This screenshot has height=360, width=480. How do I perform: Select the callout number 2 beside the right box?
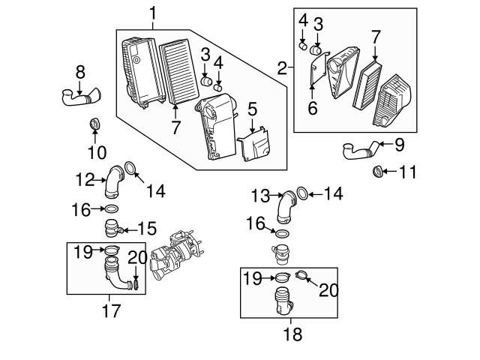click(x=283, y=70)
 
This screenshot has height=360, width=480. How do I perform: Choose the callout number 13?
click(x=260, y=196)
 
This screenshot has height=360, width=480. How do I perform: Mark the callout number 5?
click(x=253, y=109)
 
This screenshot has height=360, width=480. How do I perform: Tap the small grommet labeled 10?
click(x=95, y=124)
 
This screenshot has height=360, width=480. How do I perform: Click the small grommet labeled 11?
click(x=379, y=173)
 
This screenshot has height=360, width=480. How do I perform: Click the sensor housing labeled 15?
click(x=113, y=226)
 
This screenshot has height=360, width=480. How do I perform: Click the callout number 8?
click(x=80, y=72)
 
